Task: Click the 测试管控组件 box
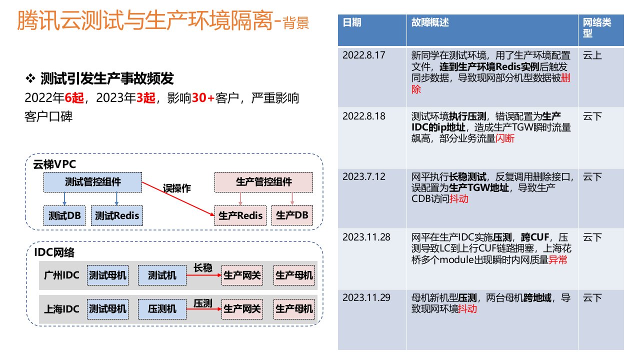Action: (93, 182)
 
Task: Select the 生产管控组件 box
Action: (263, 182)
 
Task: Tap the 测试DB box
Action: (64, 216)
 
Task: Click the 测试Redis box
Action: (117, 216)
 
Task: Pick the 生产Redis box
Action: (240, 216)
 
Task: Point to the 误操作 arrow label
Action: (177, 189)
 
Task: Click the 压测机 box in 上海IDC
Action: (162, 309)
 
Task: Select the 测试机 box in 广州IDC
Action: (162, 275)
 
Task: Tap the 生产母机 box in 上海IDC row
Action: (294, 309)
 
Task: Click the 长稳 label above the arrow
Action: (202, 268)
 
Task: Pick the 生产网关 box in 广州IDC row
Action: (242, 275)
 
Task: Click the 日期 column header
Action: (352, 23)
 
